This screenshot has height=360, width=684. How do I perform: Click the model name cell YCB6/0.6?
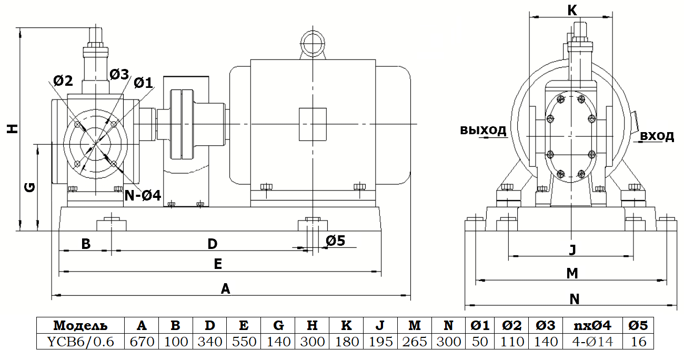(80, 342)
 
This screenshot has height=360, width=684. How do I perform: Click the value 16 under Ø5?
(638, 342)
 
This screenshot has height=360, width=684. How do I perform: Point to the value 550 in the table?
(244, 342)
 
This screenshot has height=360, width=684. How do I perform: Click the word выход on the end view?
(483, 130)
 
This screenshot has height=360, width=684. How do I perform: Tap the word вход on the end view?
(657, 136)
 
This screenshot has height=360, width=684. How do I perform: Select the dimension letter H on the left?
(11, 129)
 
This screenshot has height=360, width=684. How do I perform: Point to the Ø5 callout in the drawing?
(335, 241)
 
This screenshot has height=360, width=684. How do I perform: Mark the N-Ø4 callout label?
(143, 196)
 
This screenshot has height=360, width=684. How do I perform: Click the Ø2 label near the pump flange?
(63, 81)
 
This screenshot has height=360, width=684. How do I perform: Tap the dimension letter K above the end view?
(572, 9)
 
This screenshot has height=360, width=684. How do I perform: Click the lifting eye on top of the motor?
(313, 41)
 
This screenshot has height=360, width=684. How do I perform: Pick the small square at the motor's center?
(313, 124)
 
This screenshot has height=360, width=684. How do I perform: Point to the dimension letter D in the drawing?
(212, 244)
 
